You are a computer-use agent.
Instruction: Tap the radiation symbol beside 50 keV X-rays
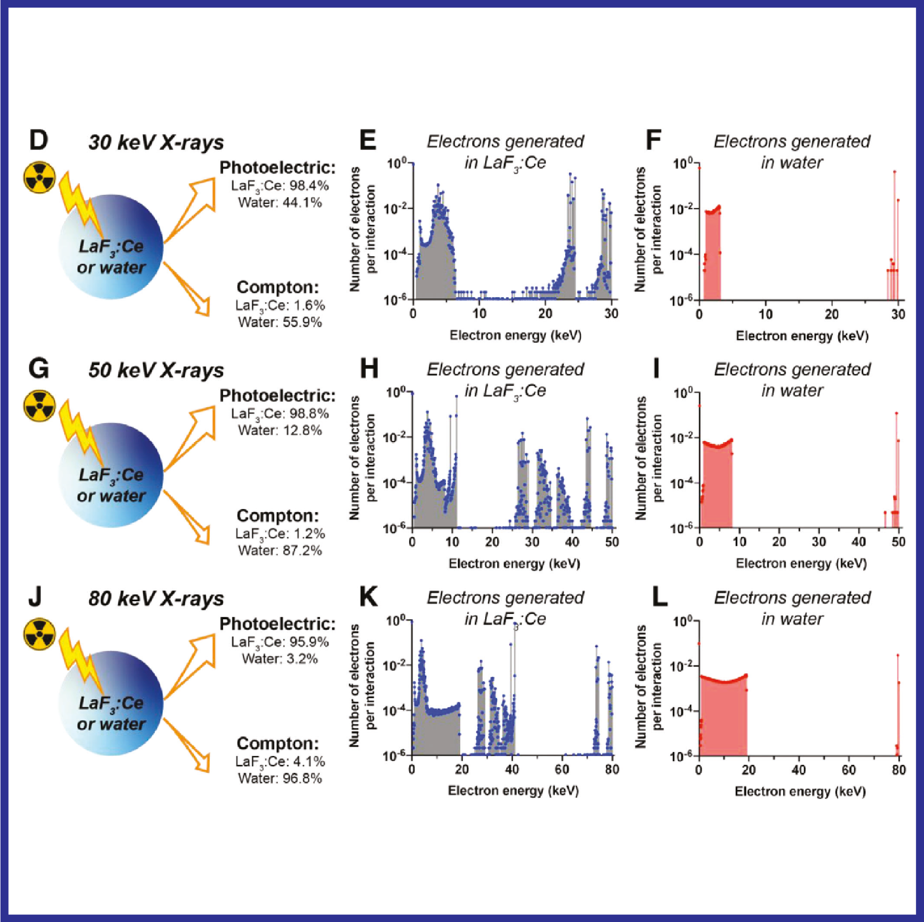tap(40, 406)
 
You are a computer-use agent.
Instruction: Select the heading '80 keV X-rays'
tap(156, 599)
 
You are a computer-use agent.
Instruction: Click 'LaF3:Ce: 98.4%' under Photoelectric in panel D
tap(280, 186)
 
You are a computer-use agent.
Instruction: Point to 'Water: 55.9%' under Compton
tap(280, 322)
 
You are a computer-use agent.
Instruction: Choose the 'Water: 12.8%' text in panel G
tap(280, 430)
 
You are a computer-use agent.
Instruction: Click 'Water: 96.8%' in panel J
tap(280, 778)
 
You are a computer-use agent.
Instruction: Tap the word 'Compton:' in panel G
tap(277, 515)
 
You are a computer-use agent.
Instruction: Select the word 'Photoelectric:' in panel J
tap(277, 624)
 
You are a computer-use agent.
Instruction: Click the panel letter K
tap(368, 598)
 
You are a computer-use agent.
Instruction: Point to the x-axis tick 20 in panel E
tap(545, 313)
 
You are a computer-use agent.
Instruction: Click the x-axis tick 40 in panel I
tap(859, 541)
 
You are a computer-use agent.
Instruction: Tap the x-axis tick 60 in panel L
tap(849, 770)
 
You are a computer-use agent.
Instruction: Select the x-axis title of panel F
tap(801, 336)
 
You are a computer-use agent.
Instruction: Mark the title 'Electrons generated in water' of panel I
tap(792, 380)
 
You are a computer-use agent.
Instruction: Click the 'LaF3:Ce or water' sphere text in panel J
tap(111, 713)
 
